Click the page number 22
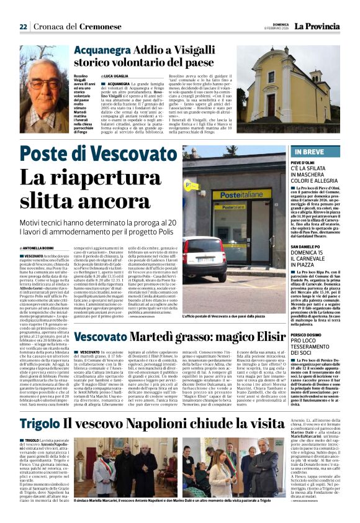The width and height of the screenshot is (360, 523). tap(23, 27)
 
